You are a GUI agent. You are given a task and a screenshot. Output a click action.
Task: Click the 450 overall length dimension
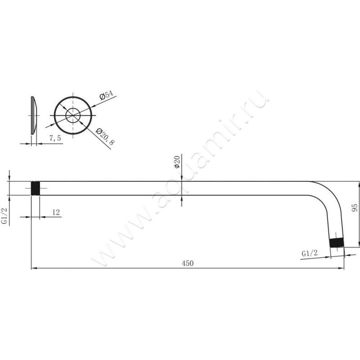click(188, 263)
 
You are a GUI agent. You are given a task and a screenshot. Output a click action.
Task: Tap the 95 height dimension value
click(355, 208)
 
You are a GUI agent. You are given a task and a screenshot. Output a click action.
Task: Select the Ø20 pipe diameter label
click(177, 162)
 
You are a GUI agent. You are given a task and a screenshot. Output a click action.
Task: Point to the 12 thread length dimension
click(56, 212)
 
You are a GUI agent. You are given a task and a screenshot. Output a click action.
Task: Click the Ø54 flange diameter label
click(107, 95)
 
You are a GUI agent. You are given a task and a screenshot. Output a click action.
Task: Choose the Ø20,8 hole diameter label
click(105, 137)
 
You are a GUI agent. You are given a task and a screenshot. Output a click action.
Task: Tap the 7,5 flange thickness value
click(55, 138)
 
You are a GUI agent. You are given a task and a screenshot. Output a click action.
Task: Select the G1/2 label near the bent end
click(310, 253)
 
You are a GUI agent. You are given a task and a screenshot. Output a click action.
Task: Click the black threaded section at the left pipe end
click(36, 188)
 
